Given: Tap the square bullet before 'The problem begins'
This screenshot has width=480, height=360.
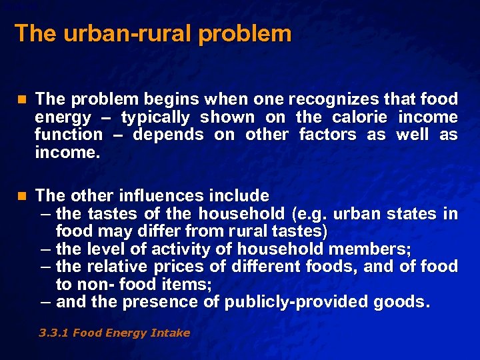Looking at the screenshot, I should (21, 100).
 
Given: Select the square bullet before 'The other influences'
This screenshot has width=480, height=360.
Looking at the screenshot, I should (21, 196).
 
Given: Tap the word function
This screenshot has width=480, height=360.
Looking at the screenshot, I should (69, 135).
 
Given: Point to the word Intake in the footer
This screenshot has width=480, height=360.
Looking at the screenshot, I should (171, 333).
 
